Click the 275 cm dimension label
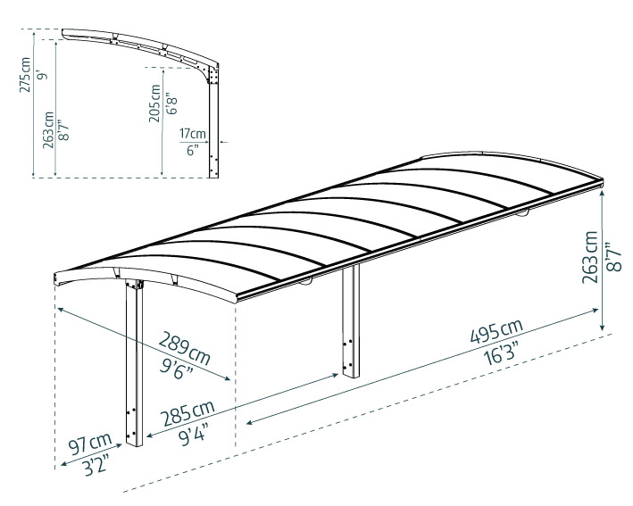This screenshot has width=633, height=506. click(25, 75)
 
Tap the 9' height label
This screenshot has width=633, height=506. click(42, 75)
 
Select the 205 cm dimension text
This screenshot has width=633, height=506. click(154, 104)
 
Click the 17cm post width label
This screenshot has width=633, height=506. click(193, 133)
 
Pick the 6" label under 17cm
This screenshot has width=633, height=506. click(193, 151)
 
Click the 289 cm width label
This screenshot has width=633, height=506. click(184, 347)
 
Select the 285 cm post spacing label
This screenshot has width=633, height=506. click(187, 413)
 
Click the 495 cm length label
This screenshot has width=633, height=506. click(496, 331)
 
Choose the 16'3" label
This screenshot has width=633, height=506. click(501, 353)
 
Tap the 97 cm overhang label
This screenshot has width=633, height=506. click(89, 444)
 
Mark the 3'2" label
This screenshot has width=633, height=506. click(96, 465)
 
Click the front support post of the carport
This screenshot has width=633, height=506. click(134, 363)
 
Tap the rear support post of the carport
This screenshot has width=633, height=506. click(350, 321)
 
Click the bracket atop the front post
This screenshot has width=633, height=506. click(134, 284)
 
